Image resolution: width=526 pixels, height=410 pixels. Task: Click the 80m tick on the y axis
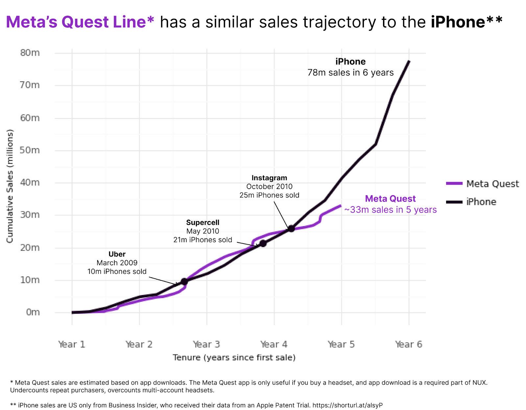click(30, 53)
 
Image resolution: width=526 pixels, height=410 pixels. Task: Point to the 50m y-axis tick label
click(30, 150)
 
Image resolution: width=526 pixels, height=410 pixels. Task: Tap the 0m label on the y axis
click(33, 312)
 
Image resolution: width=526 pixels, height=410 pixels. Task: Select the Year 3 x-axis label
click(206, 344)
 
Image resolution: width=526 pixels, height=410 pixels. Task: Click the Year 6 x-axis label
click(409, 344)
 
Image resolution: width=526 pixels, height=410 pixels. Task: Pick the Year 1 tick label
click(72, 344)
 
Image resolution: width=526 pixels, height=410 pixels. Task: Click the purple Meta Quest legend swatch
click(454, 183)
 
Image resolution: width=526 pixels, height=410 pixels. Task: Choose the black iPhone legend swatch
click(454, 202)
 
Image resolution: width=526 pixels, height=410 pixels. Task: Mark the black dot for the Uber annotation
click(184, 282)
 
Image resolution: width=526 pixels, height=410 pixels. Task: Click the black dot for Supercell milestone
click(263, 243)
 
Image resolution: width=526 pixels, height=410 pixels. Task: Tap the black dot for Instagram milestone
click(292, 229)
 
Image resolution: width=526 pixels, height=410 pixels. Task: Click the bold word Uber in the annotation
click(117, 254)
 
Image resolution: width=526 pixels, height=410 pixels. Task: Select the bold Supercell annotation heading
click(203, 222)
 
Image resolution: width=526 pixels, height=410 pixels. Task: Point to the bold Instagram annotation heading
click(269, 178)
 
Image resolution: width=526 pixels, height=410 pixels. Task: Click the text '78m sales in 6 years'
click(350, 72)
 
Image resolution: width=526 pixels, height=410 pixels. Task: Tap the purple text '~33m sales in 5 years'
click(391, 209)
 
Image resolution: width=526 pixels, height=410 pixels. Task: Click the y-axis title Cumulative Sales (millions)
click(10, 186)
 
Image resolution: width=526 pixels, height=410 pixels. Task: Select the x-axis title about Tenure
click(234, 358)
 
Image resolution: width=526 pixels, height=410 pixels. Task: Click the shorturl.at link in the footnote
click(347, 405)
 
